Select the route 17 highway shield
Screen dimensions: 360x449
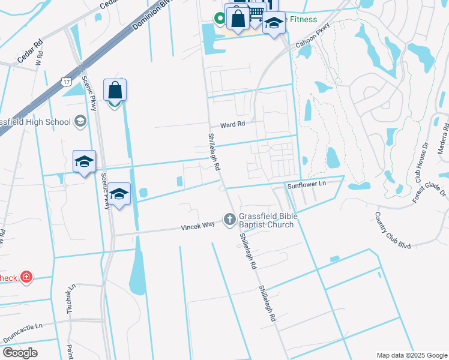click(65, 81)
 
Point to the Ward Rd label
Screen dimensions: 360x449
click(233, 124)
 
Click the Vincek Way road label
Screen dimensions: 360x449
click(198, 226)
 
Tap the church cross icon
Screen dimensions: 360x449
click(229, 220)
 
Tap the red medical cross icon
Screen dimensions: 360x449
click(26, 277)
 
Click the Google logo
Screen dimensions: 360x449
click(20, 352)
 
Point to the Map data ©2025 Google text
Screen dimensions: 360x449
click(412, 355)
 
